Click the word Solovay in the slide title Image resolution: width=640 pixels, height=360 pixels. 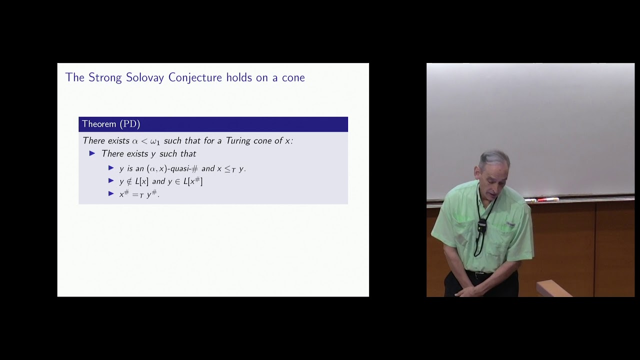[145, 77]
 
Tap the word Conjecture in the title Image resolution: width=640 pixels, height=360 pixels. [196, 77]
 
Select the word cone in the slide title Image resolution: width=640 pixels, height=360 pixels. [293, 78]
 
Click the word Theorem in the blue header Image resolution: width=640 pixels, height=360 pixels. [99, 124]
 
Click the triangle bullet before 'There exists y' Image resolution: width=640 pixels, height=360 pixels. [92, 153]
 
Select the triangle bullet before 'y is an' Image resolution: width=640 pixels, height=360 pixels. [111, 168]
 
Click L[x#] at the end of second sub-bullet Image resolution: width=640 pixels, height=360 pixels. [193, 181]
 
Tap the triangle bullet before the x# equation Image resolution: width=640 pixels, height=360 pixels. [111, 194]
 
